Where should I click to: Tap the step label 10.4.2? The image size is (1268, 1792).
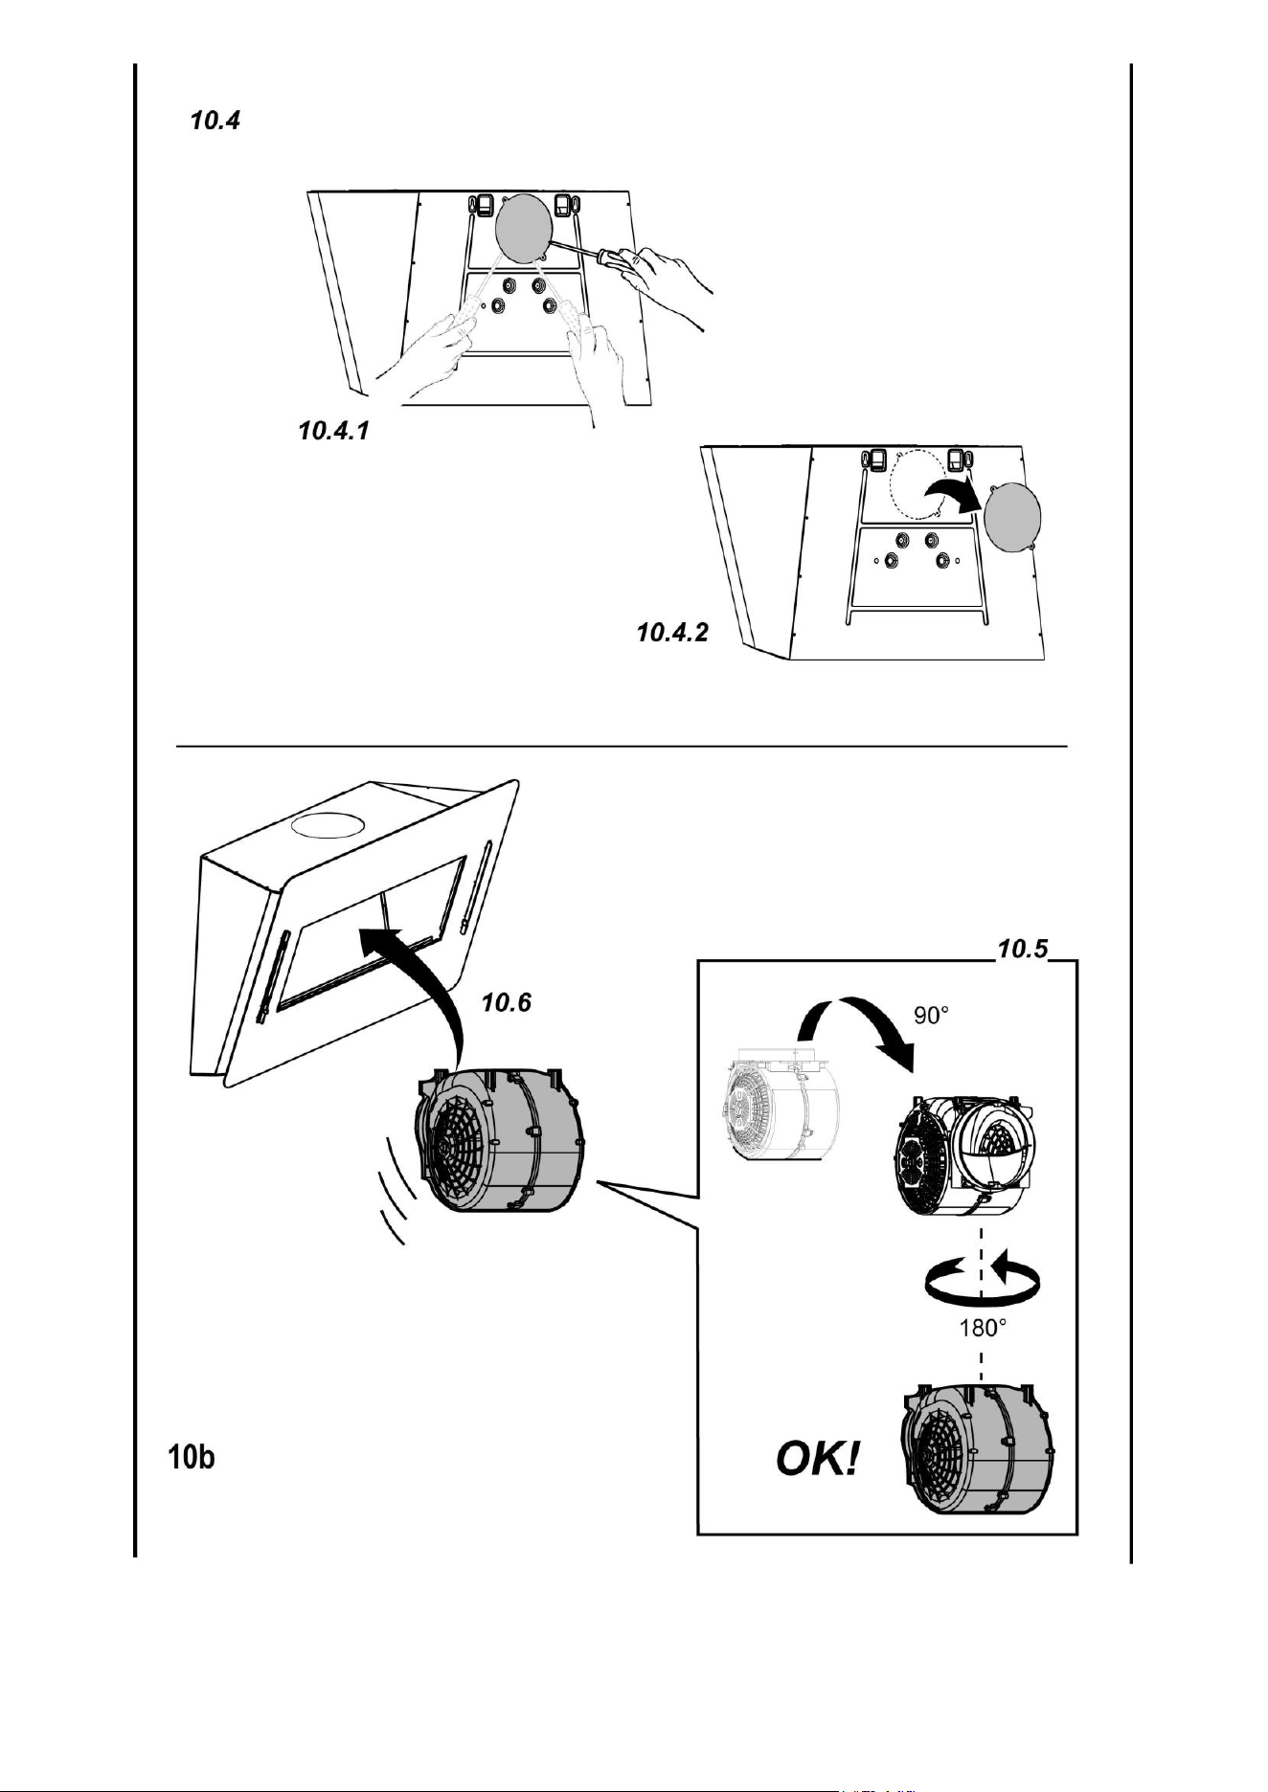coord(673,633)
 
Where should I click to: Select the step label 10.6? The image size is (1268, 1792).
coord(506,1002)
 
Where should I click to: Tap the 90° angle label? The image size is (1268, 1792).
coord(931,1016)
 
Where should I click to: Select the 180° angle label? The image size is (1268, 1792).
coord(983,1328)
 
